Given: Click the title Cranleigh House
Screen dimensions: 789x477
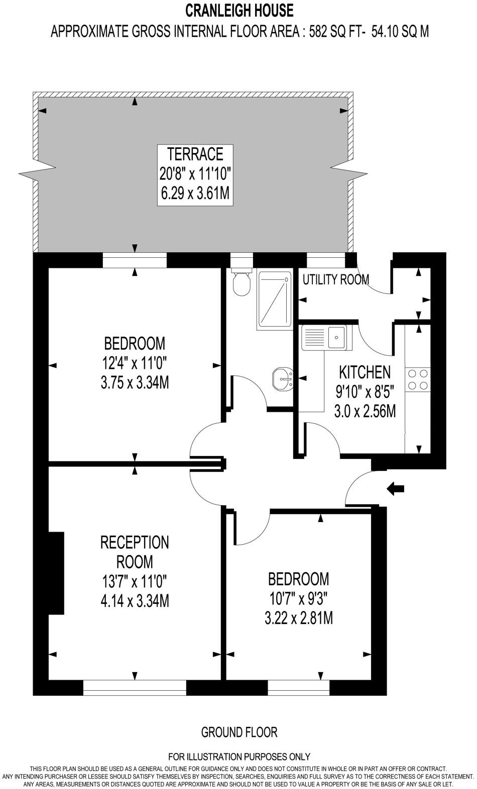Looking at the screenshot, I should (x=240, y=10).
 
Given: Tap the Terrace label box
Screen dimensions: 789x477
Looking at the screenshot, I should (x=195, y=174).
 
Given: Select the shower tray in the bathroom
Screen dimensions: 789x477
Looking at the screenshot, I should (x=274, y=299).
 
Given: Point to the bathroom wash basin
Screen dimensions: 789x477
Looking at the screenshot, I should (x=283, y=379).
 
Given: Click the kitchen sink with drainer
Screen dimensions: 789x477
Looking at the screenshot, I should (x=324, y=337).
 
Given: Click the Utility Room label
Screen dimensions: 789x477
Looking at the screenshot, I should (x=335, y=279).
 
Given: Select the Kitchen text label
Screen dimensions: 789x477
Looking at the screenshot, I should (x=365, y=372).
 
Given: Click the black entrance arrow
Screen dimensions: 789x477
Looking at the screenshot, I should (x=396, y=488).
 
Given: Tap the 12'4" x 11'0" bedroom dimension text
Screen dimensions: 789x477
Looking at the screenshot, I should (x=135, y=363).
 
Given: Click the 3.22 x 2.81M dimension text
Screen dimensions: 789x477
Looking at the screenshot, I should (x=298, y=618).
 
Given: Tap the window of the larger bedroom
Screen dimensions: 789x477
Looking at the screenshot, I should (x=134, y=260).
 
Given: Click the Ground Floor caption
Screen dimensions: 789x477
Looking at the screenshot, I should (x=239, y=732).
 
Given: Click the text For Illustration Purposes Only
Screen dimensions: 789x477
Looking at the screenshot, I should (x=239, y=756).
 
